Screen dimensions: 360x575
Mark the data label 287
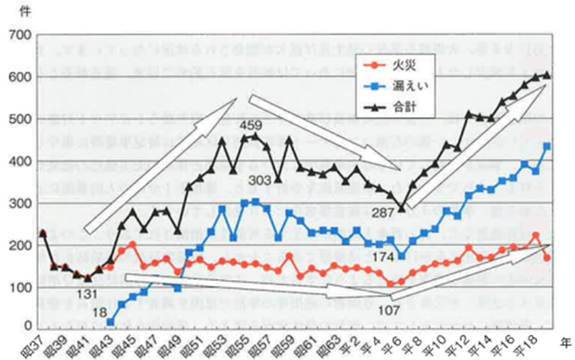click(x=383, y=214)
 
